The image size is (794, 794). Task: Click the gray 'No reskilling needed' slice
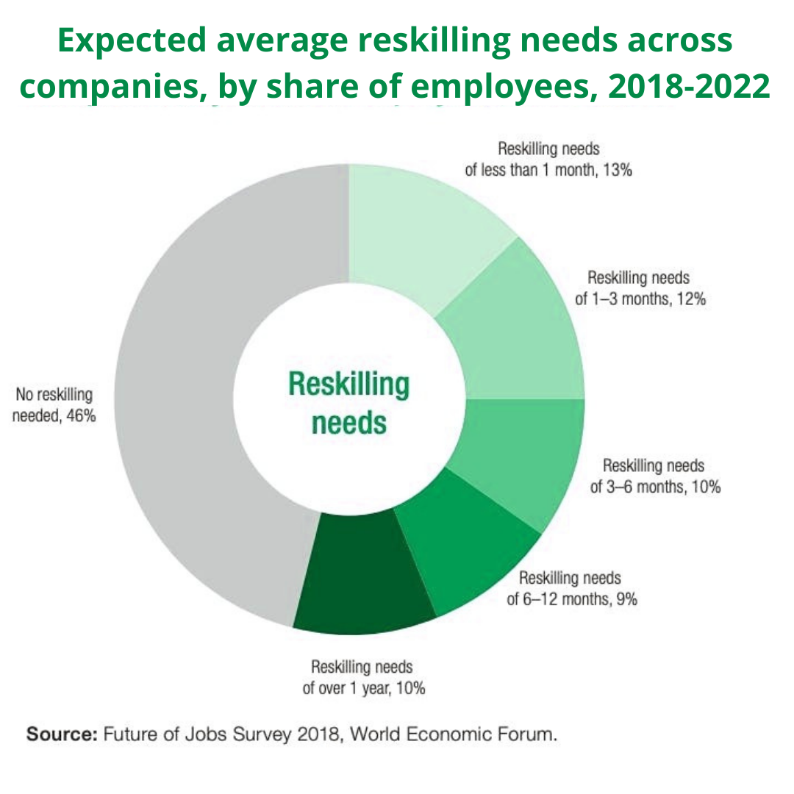point(176,397)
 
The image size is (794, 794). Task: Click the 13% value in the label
point(619,170)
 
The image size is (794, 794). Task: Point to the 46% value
point(82,415)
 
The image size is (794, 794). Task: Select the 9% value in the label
point(626,598)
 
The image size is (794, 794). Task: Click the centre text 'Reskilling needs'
point(349,403)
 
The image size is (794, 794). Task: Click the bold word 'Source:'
point(61,734)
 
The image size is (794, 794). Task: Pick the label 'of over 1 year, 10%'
point(364,689)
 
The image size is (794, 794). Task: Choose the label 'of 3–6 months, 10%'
point(655,487)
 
